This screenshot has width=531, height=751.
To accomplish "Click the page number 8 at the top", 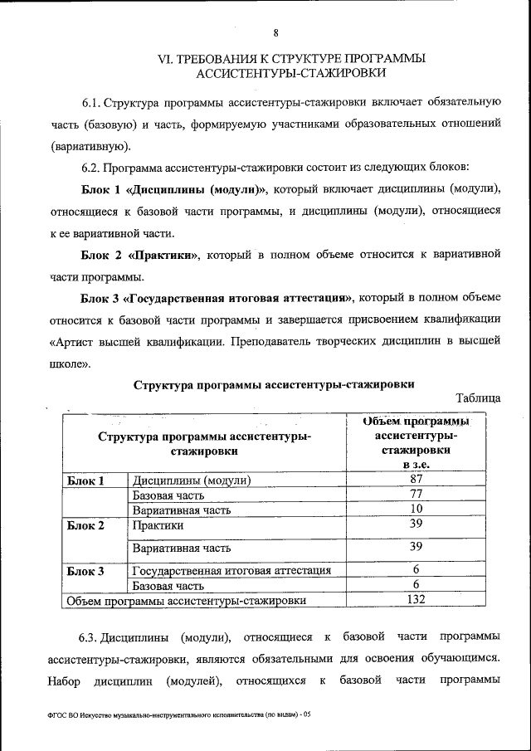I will (275, 32).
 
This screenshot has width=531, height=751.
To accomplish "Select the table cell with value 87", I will (417, 479).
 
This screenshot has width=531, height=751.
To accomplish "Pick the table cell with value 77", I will (417, 494).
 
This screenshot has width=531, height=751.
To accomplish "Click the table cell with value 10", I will (417, 508).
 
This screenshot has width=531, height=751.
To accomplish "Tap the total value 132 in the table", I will (417, 599).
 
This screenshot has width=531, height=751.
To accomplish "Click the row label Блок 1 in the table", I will (85, 480).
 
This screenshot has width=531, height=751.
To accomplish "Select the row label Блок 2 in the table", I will (85, 525).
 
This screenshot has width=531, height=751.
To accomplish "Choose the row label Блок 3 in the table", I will (85, 571).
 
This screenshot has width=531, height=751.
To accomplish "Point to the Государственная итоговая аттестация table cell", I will (231, 571).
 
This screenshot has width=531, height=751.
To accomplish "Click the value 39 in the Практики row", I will (417, 524).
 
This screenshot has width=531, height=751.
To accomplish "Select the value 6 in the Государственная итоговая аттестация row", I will (417, 569).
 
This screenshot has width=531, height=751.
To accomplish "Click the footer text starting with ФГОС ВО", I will (179, 714).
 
